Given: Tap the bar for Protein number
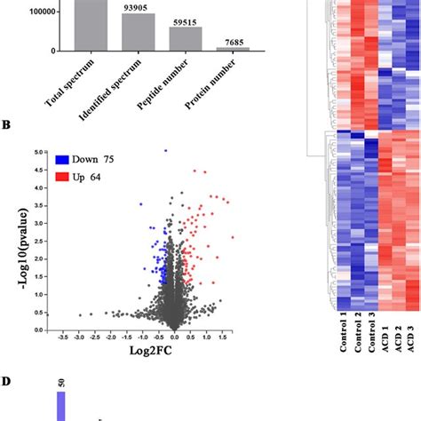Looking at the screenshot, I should pyautogui.click(x=234, y=48).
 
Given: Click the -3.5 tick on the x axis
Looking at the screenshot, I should pyautogui.click(x=61, y=338).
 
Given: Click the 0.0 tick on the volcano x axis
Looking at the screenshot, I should pyautogui.click(x=175, y=338).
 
